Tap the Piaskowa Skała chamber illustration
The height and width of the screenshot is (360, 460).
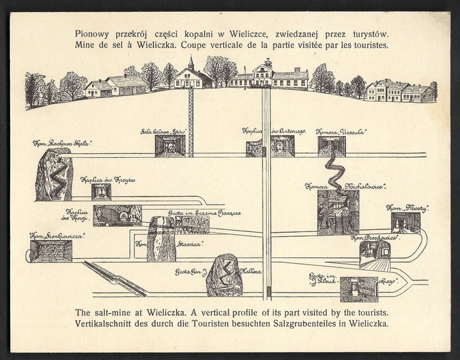click(x=54, y=175)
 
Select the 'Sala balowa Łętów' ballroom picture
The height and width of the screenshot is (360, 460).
click(x=170, y=146)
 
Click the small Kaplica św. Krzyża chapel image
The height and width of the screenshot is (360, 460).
click(x=101, y=192)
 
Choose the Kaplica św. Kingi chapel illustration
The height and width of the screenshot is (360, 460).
click(x=117, y=215)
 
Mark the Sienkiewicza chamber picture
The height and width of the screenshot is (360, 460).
click(x=51, y=251)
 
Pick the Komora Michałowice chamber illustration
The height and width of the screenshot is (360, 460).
click(x=338, y=212)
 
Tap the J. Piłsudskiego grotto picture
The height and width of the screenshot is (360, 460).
click(x=359, y=289)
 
